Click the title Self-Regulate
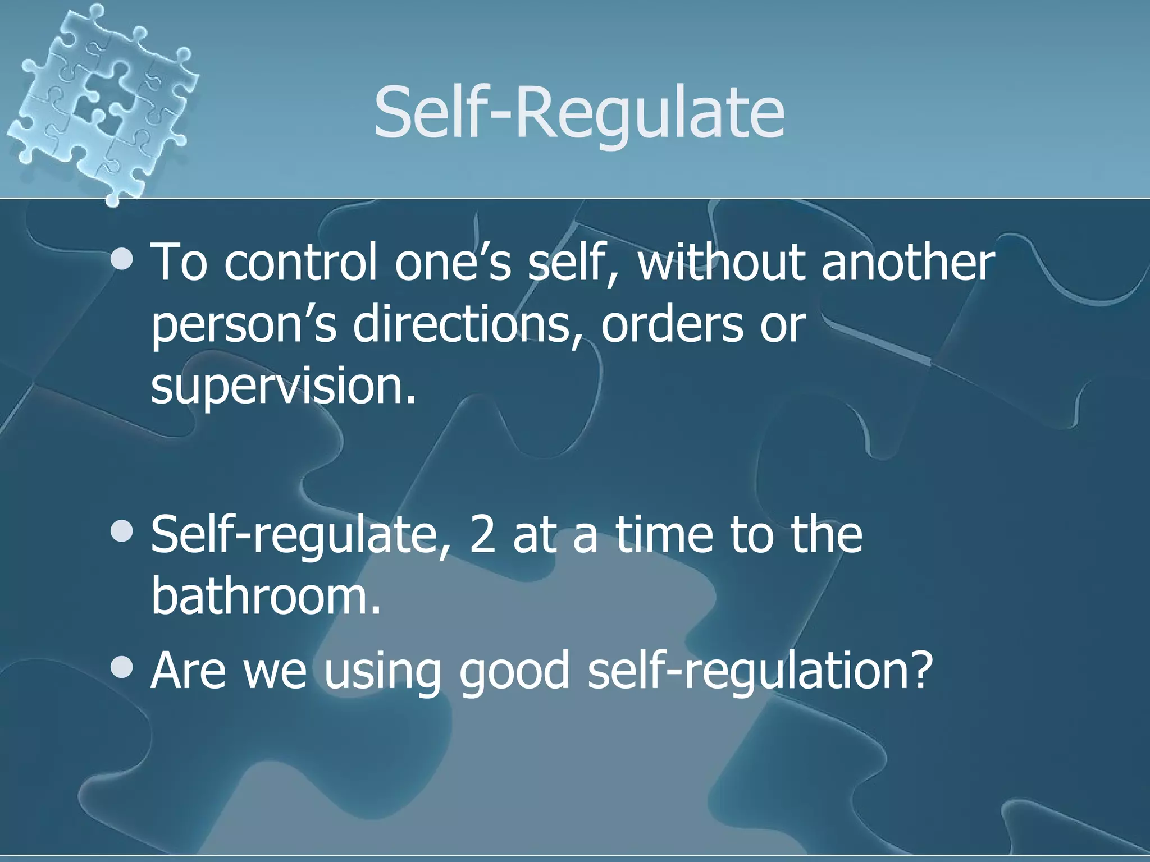coord(579,112)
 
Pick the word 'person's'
coord(244,325)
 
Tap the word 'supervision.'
coord(284,387)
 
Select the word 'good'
coord(514,672)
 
